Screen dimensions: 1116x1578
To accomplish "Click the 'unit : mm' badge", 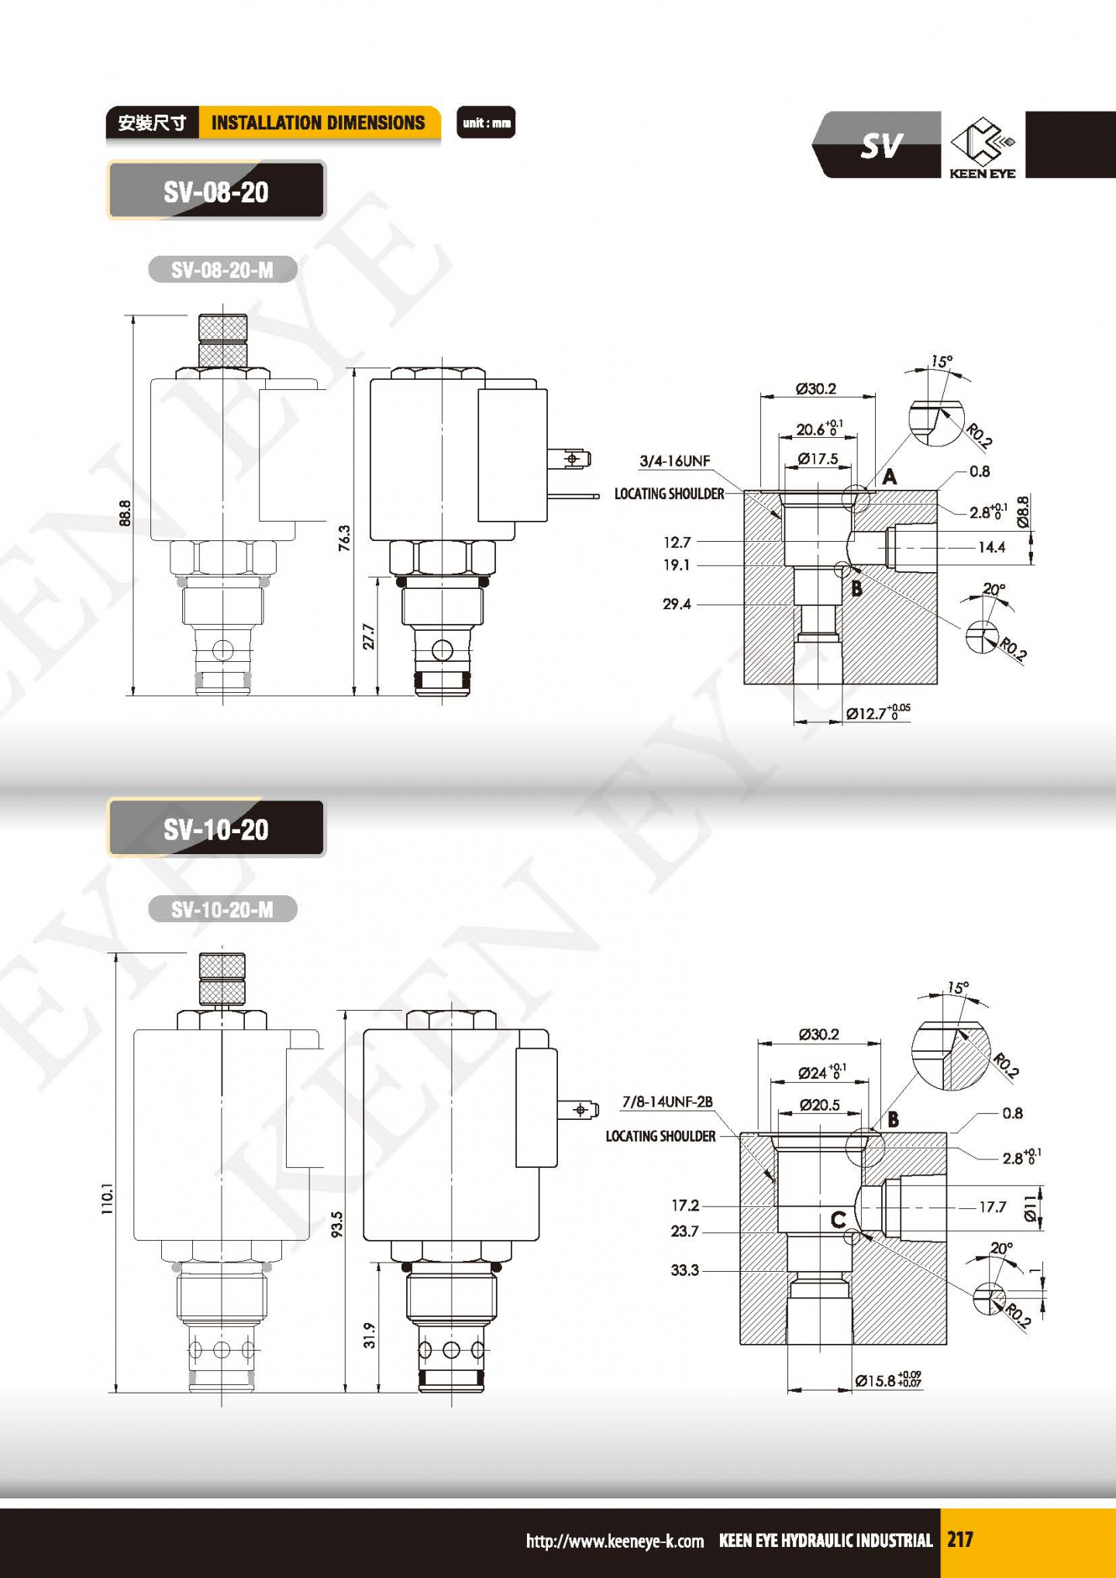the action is click(x=486, y=122).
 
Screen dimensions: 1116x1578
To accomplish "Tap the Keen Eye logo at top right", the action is click(x=983, y=147).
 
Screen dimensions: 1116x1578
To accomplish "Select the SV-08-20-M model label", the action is click(x=222, y=270).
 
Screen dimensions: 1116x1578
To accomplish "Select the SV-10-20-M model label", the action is click(x=222, y=909).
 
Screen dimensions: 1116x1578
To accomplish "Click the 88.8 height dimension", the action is click(x=126, y=513).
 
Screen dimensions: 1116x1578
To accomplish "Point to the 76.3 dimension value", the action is click(x=344, y=538).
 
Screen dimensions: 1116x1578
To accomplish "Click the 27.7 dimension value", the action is click(x=369, y=636).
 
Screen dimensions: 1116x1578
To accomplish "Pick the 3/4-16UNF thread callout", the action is click(x=674, y=461).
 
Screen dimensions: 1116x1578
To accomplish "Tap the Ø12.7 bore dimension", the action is click(x=878, y=712).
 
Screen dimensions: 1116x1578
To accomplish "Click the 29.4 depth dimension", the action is click(x=677, y=604).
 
